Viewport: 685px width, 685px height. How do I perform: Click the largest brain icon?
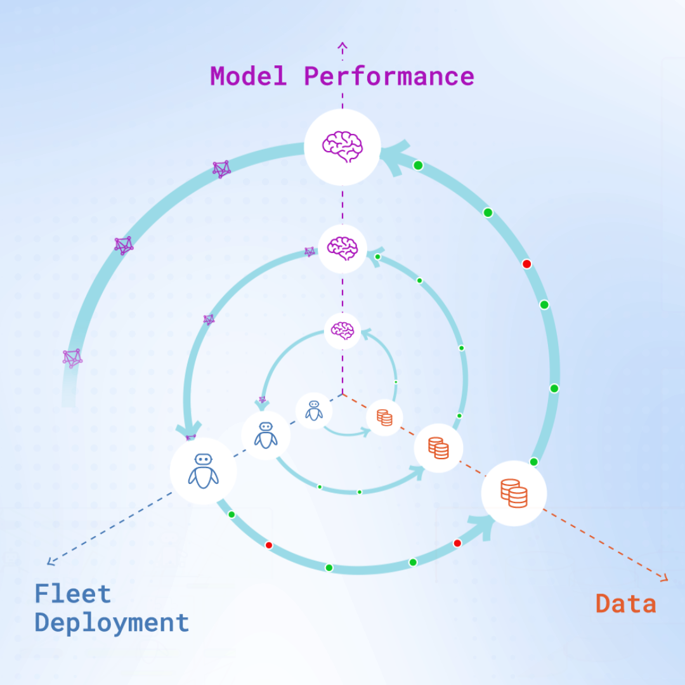[342, 147]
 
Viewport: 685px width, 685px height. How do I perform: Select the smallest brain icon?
[342, 330]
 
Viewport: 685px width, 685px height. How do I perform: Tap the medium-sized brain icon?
[342, 248]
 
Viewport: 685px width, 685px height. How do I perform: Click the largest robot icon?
[203, 471]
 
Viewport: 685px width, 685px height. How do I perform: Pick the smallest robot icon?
[314, 410]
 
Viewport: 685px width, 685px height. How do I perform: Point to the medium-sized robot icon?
[266, 435]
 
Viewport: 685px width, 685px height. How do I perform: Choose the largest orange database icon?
[514, 493]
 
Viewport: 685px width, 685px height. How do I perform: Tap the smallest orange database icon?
[384, 417]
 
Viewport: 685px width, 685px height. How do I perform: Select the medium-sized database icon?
[439, 448]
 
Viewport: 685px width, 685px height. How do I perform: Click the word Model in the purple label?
[248, 76]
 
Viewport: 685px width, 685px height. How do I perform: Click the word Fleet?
[72, 594]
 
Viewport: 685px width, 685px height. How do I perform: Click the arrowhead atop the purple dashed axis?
[342, 46]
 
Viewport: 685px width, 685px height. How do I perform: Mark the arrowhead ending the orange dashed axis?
[664, 578]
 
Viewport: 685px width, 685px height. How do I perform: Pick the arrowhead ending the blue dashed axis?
[51, 561]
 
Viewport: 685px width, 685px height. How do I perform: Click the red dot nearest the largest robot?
[269, 545]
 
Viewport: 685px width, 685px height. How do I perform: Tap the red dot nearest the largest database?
[457, 544]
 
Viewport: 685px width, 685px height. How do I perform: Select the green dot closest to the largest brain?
[418, 165]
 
